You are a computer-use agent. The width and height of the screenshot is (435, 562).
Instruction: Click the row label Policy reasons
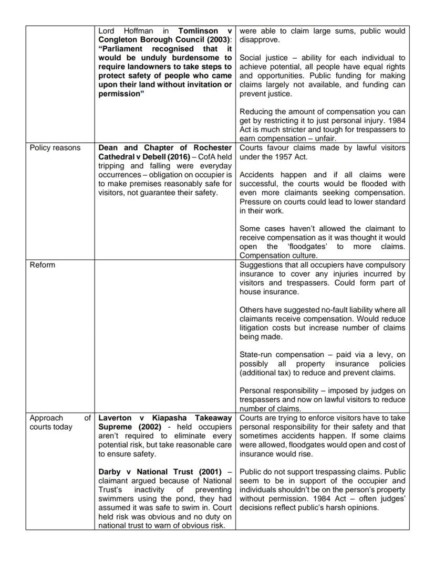(x=55, y=148)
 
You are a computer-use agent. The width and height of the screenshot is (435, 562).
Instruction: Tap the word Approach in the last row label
(x=46, y=418)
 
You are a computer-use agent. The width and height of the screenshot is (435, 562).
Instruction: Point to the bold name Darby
(x=110, y=472)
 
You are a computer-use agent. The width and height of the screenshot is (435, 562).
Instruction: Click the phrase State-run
(x=256, y=355)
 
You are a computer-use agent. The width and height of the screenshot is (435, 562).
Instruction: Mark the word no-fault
(x=295, y=310)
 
